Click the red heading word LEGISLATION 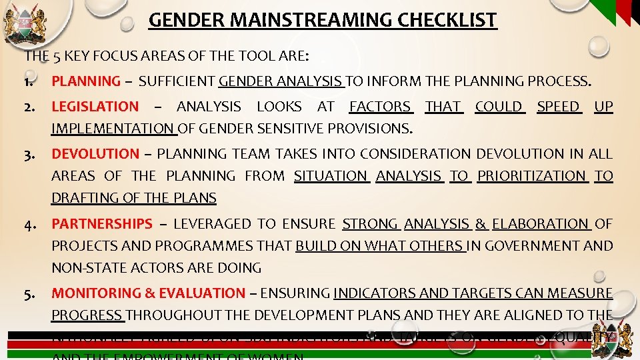[95, 107]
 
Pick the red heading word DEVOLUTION [95, 154]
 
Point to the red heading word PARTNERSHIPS [102, 225]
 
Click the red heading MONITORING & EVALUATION [148, 293]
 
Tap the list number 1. [30, 82]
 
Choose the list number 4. [31, 225]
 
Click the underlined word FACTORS [380, 107]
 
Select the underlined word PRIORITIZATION [531, 176]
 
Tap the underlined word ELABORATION [540, 225]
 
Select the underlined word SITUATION [330, 176]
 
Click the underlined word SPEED [558, 107]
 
